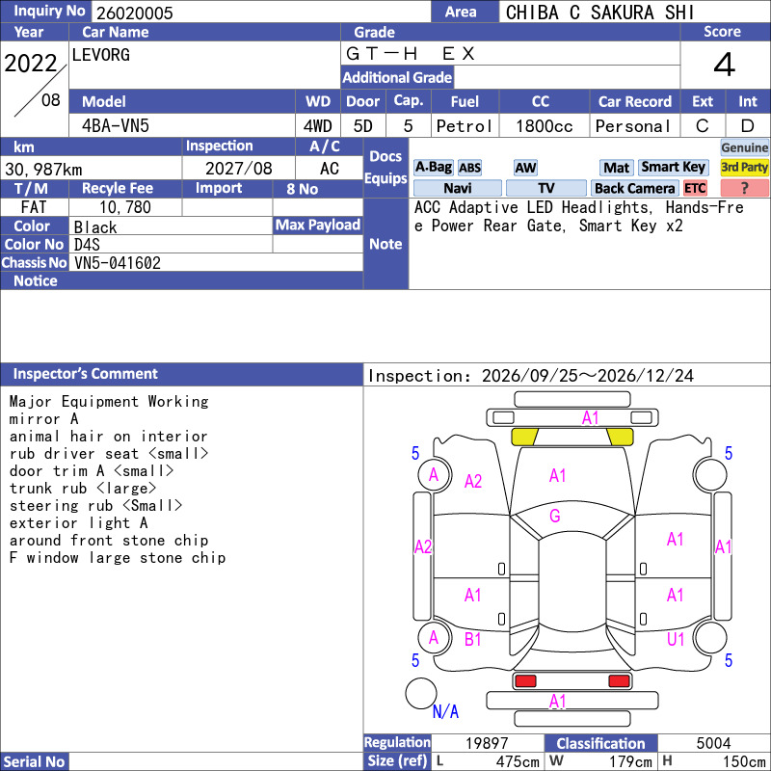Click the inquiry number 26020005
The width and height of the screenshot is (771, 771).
135,13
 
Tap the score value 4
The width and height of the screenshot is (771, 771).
725,65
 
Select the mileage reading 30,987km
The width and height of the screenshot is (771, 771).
43,170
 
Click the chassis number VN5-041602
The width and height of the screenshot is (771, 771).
118,262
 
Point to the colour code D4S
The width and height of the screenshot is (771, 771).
87,245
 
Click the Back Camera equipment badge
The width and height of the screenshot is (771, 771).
634,188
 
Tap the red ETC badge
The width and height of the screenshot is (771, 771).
695,188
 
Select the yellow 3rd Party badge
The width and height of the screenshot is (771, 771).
744,167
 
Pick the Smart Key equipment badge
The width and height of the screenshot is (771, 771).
673,167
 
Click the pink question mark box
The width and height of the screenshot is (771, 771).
744,188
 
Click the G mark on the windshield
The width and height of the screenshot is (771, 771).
555,516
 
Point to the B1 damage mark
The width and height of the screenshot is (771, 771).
472,639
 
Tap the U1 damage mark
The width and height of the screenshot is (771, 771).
676,639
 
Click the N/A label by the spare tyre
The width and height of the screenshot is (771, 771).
445,711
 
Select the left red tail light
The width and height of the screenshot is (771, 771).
525,681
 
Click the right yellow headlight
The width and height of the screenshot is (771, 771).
620,437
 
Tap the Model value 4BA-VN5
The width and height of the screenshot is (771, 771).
116,126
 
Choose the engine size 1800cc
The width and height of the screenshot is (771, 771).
545,126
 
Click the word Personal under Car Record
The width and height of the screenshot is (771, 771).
633,126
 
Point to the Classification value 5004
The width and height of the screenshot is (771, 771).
713,743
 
